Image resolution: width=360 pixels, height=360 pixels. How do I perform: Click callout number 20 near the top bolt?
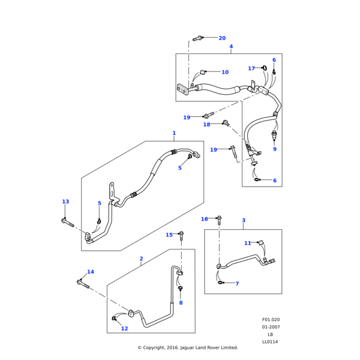pyautogui.click(x=222, y=38)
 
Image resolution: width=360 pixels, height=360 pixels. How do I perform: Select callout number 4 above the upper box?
pyautogui.click(x=231, y=46)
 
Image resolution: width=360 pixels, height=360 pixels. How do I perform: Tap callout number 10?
pyautogui.click(x=225, y=72)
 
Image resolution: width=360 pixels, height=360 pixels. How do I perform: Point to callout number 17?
pyautogui.click(x=251, y=68)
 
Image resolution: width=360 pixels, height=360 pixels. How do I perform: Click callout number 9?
pyautogui.click(x=275, y=149)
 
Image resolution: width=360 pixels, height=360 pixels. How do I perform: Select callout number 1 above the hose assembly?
pyautogui.click(x=174, y=133)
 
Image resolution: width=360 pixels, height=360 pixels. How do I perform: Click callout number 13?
pyautogui.click(x=65, y=202)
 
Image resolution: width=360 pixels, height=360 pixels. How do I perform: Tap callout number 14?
pyautogui.click(x=91, y=272)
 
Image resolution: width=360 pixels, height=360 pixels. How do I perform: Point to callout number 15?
pyautogui.click(x=169, y=235)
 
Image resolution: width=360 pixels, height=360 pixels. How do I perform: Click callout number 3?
pyautogui.click(x=244, y=220)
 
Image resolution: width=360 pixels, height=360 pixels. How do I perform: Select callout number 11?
pyautogui.click(x=247, y=243)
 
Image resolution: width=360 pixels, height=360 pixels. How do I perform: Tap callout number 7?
pyautogui.click(x=237, y=283)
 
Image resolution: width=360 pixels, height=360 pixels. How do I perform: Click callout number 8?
pyautogui.click(x=181, y=302)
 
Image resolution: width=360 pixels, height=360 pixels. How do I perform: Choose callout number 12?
pyautogui.click(x=125, y=328)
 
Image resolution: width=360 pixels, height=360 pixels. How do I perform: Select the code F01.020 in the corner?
pyautogui.click(x=271, y=320)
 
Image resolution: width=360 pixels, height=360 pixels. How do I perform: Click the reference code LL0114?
pyautogui.click(x=270, y=342)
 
